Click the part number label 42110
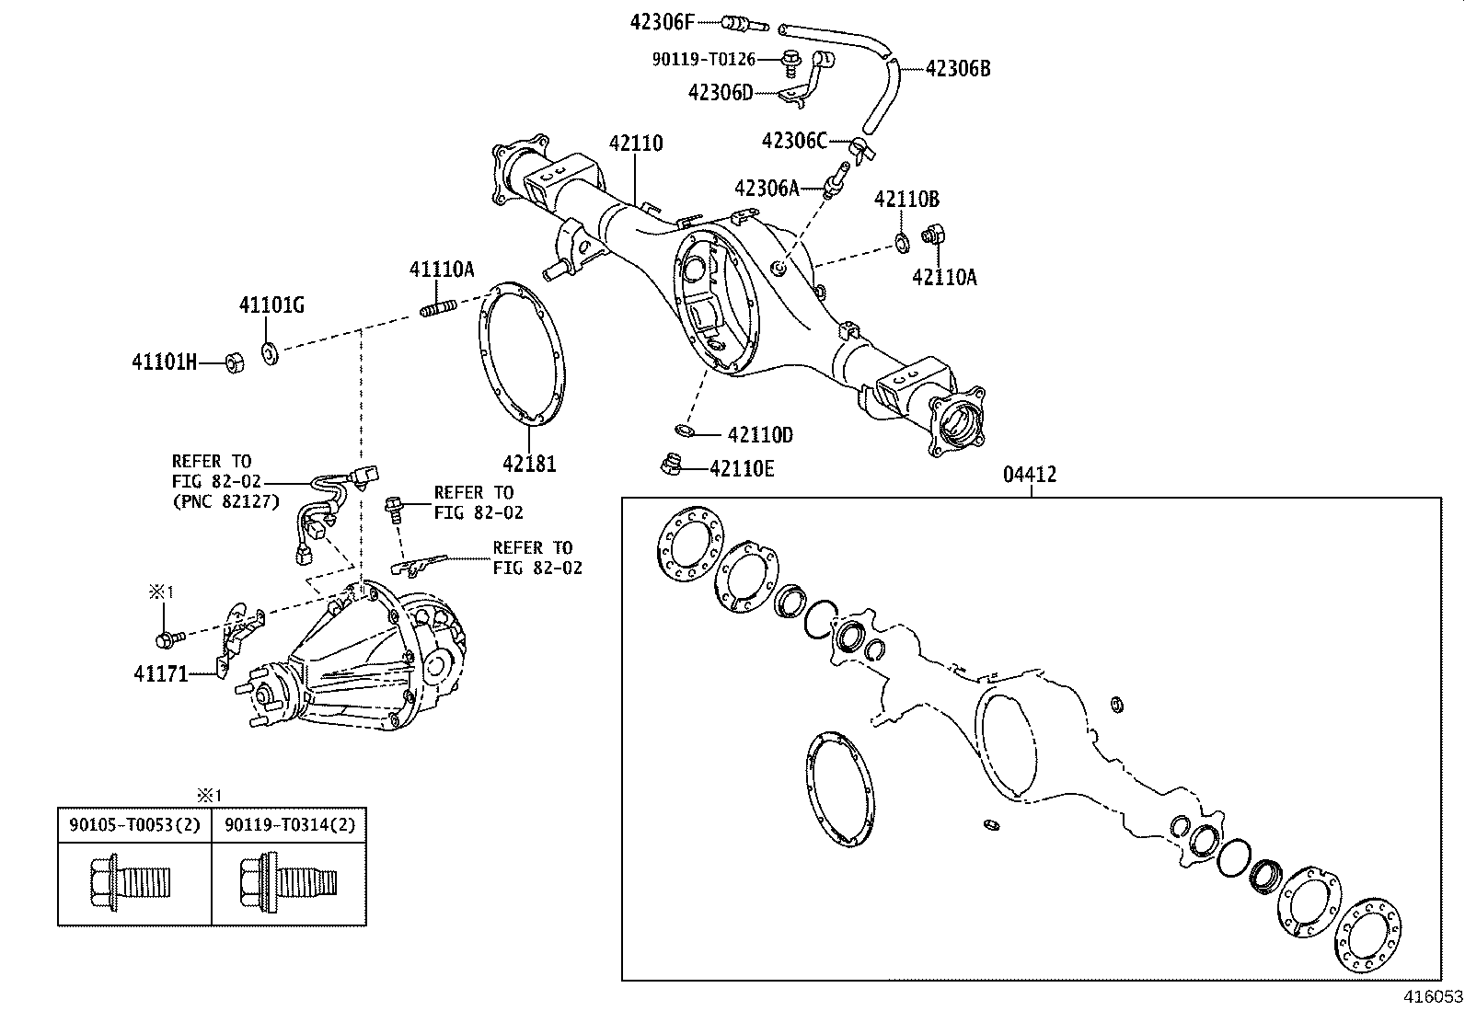coord(635,144)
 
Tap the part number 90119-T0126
coord(704,59)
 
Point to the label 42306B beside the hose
coord(958,68)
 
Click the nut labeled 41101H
coord(235,362)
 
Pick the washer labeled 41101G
coord(271,351)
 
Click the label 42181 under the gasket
coord(529,465)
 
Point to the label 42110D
coord(760,435)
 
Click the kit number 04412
coord(1030,475)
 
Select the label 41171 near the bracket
coord(161,674)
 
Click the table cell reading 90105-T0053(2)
coord(134,825)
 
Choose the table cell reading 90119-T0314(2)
coord(289,825)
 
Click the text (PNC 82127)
coord(225,501)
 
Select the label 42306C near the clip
coord(794,141)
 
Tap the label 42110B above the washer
coord(906,199)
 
